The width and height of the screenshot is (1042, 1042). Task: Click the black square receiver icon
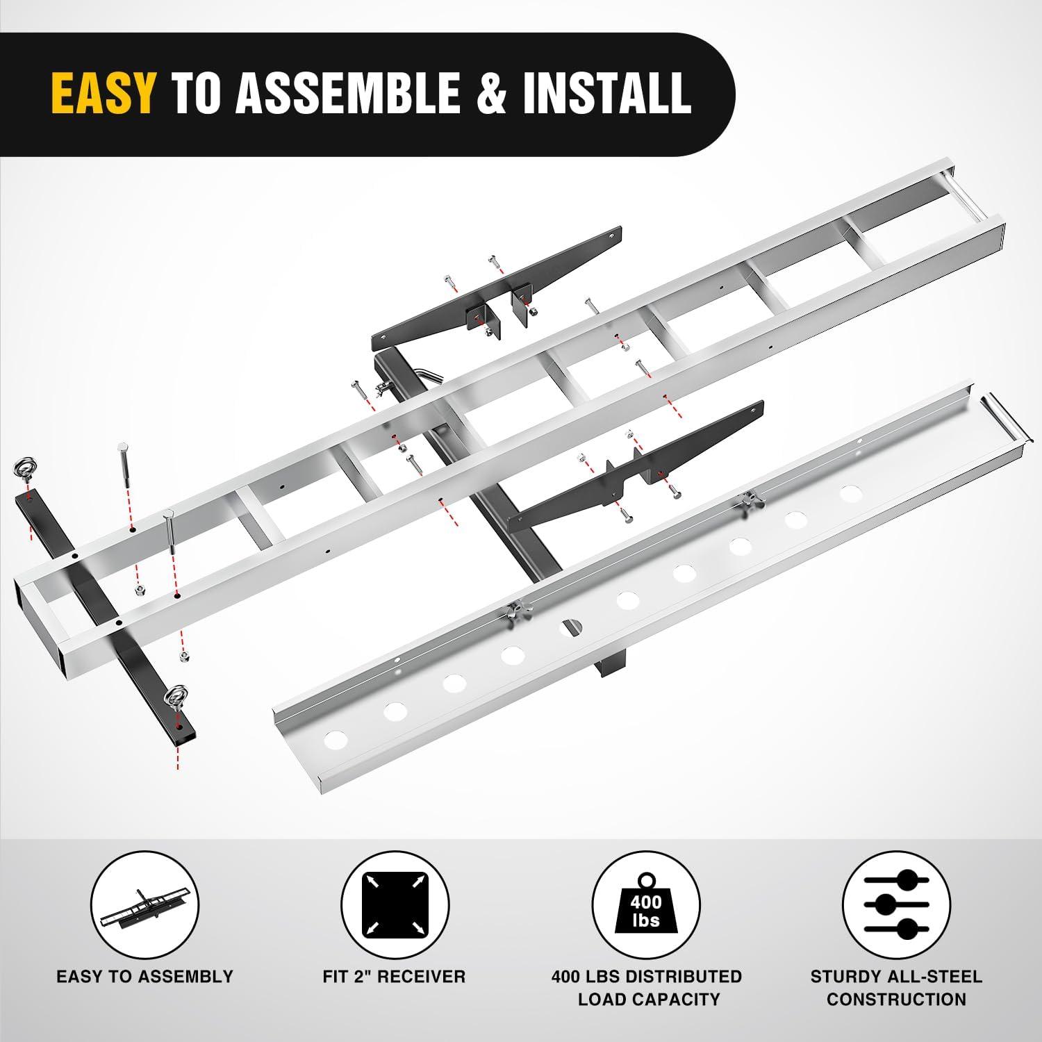[395, 907]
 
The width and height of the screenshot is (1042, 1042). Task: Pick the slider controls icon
[896, 907]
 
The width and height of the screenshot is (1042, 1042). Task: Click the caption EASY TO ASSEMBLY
[144, 976]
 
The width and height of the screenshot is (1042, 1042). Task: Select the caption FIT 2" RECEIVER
[394, 976]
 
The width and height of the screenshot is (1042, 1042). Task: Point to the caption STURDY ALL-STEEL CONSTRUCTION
[896, 988]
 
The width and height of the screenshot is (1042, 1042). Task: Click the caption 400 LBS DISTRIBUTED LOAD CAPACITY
[646, 988]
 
